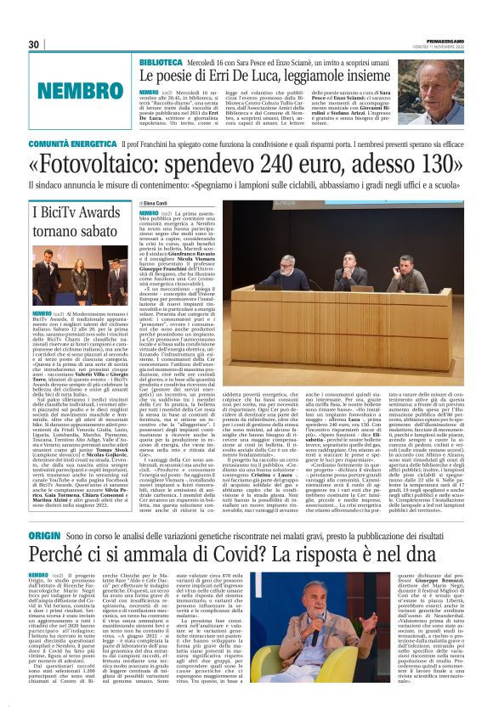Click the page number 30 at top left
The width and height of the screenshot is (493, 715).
point(34,44)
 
